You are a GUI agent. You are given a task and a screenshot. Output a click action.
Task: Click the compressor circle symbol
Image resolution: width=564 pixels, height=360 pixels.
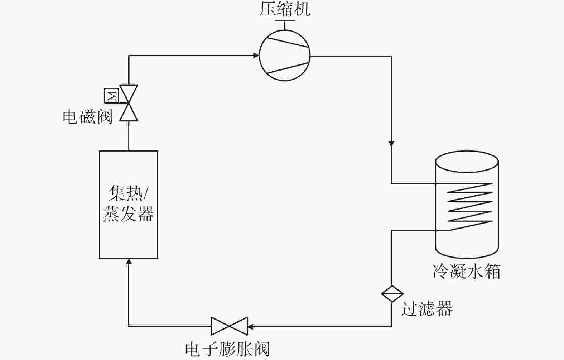click(285, 56)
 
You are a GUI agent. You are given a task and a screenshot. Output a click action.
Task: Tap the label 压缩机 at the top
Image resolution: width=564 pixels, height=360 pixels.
click(285, 10)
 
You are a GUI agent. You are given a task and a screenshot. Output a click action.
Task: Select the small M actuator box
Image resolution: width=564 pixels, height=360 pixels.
click(112, 95)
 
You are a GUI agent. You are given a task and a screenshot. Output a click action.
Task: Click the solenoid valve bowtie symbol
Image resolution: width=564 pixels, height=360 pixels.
click(129, 103)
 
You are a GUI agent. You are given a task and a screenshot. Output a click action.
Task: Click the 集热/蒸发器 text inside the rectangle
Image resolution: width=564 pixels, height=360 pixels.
click(128, 204)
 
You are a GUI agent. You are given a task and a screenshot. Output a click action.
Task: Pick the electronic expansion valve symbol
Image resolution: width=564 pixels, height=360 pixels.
click(229, 326)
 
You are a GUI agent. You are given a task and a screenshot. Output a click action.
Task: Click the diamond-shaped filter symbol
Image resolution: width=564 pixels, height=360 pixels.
click(392, 294)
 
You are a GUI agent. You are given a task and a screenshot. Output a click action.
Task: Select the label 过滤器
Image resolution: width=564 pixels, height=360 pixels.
click(426, 308)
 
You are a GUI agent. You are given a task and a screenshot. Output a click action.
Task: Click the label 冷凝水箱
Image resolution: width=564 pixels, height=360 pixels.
click(466, 271)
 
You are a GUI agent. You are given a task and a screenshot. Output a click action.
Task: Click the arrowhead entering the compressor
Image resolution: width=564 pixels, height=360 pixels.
click(256, 56)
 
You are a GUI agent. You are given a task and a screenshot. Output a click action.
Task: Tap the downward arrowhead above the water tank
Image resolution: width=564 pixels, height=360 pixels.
click(391, 144)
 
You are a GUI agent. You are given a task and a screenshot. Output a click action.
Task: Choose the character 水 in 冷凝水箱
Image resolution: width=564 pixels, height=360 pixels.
click(475, 271)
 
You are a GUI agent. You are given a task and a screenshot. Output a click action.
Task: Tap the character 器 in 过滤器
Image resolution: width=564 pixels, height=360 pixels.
click(444, 308)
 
